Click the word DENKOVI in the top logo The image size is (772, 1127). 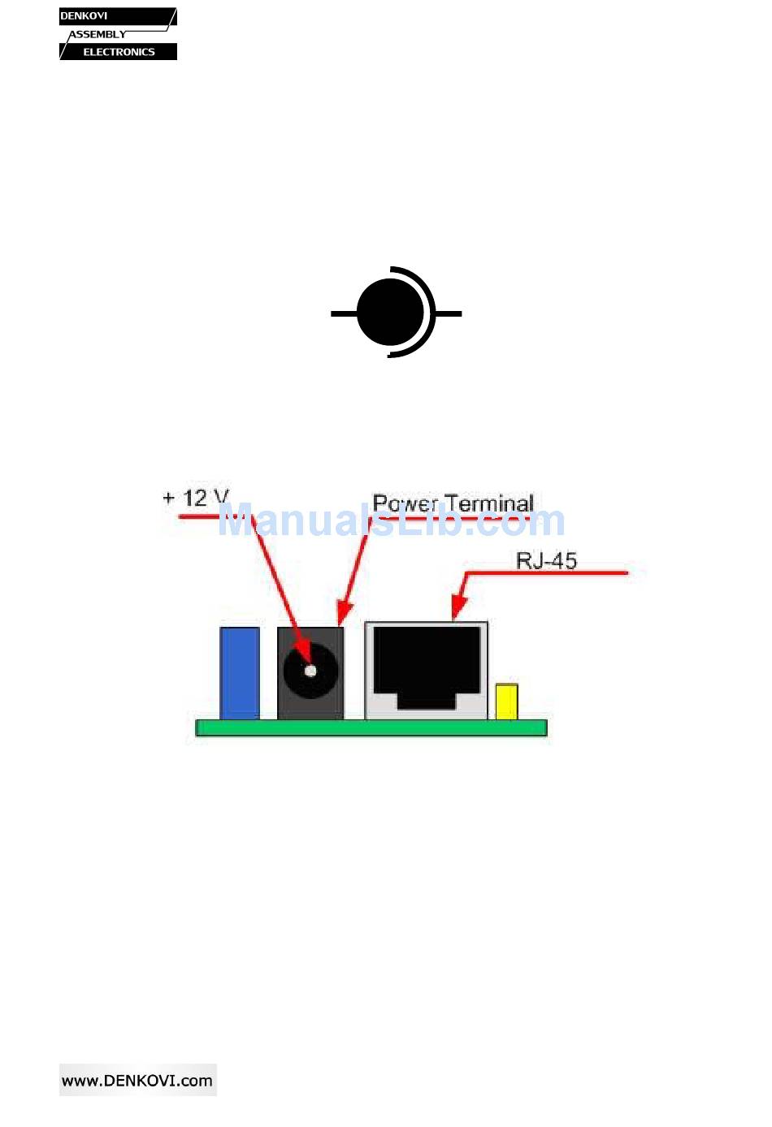(84, 16)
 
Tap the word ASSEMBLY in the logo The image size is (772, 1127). (98, 34)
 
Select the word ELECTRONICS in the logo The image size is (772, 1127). (119, 52)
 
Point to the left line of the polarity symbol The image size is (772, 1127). (343, 313)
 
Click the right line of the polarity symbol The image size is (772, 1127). (449, 313)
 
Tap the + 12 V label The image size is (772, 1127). (196, 498)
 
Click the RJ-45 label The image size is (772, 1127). (546, 560)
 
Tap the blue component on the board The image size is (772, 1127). (240, 672)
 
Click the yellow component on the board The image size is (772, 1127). (506, 702)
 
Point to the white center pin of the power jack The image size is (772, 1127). (310, 671)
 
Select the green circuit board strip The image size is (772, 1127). (371, 728)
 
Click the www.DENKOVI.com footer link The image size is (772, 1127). (137, 1081)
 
